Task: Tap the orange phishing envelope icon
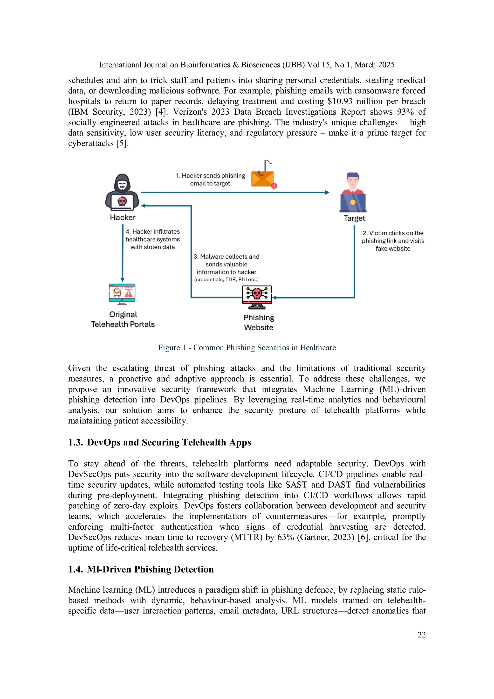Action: tap(262, 178)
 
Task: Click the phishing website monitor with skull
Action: tap(257, 297)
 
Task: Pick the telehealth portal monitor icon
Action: tap(122, 294)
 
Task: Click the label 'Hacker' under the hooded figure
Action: tap(123, 217)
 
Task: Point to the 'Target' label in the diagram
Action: tap(354, 218)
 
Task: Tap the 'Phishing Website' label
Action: tap(259, 322)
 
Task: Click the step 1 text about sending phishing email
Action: tap(210, 180)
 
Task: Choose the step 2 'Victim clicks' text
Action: tap(393, 241)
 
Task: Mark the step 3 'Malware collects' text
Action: tap(226, 268)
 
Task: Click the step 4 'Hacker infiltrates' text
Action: tap(152, 239)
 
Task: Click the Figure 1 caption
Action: tap(247, 348)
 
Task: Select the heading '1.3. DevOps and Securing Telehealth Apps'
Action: tap(159, 442)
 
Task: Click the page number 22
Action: tap(422, 635)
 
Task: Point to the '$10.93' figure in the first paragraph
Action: tap(340, 101)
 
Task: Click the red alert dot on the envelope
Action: tap(274, 186)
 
